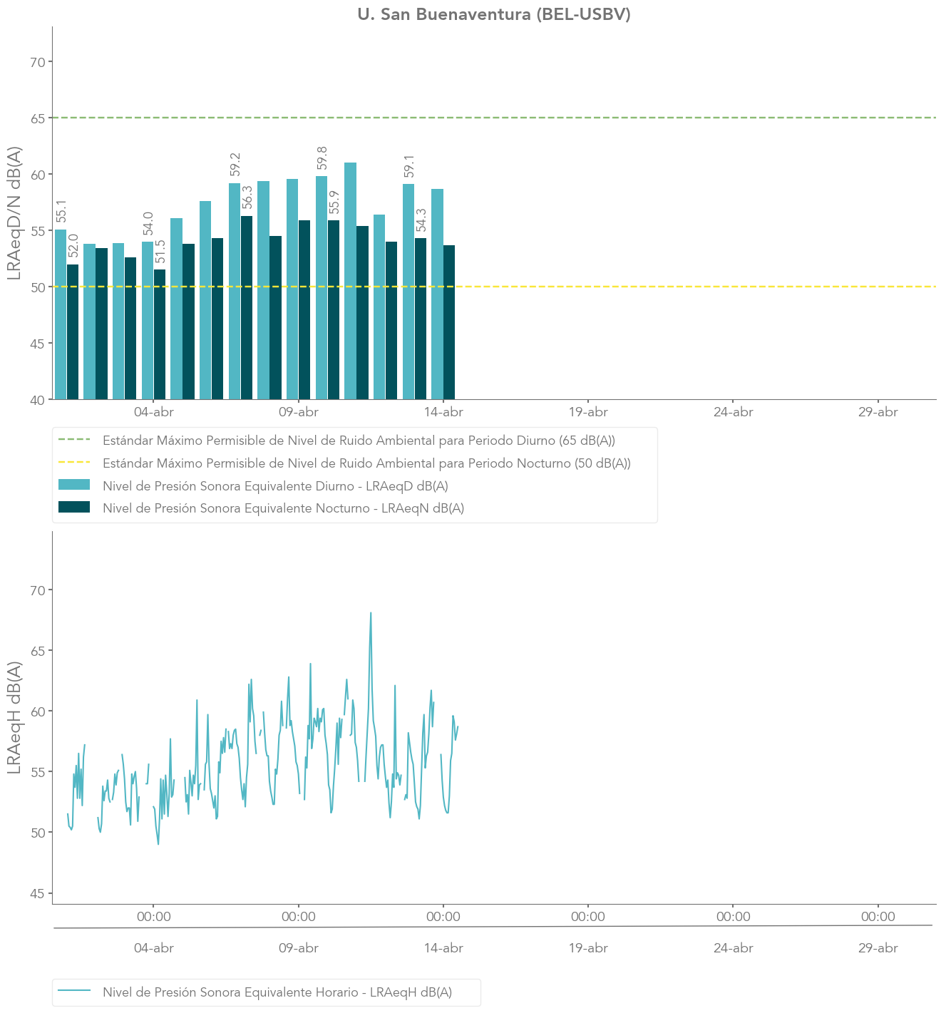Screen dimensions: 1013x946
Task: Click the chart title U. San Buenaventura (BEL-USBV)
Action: tap(493, 14)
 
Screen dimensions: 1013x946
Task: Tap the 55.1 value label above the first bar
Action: tap(61, 211)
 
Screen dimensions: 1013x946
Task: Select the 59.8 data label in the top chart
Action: tap(322, 158)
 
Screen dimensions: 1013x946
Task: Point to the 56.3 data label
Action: tap(247, 197)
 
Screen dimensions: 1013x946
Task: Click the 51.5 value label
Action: tap(160, 252)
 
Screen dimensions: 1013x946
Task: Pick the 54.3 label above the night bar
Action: tap(421, 220)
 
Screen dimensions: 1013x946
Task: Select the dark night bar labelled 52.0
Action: tap(73, 331)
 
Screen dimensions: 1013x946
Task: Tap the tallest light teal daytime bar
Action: tap(351, 281)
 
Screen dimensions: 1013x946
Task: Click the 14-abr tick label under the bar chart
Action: tap(443, 412)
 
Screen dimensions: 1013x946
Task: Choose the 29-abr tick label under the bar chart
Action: tap(878, 412)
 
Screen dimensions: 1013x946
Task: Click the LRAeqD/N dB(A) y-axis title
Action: tap(14, 213)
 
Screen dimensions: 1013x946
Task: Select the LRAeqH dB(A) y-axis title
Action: tap(14, 717)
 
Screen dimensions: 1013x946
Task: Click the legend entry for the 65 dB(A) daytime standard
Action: tap(359, 441)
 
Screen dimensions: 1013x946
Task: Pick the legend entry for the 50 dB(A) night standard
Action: tap(366, 463)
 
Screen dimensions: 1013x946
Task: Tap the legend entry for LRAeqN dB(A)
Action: tap(283, 508)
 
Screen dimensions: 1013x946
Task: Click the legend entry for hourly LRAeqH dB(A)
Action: tap(277, 992)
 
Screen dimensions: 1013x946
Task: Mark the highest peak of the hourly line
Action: tap(371, 613)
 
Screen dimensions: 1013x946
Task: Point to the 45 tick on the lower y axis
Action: tap(38, 893)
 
